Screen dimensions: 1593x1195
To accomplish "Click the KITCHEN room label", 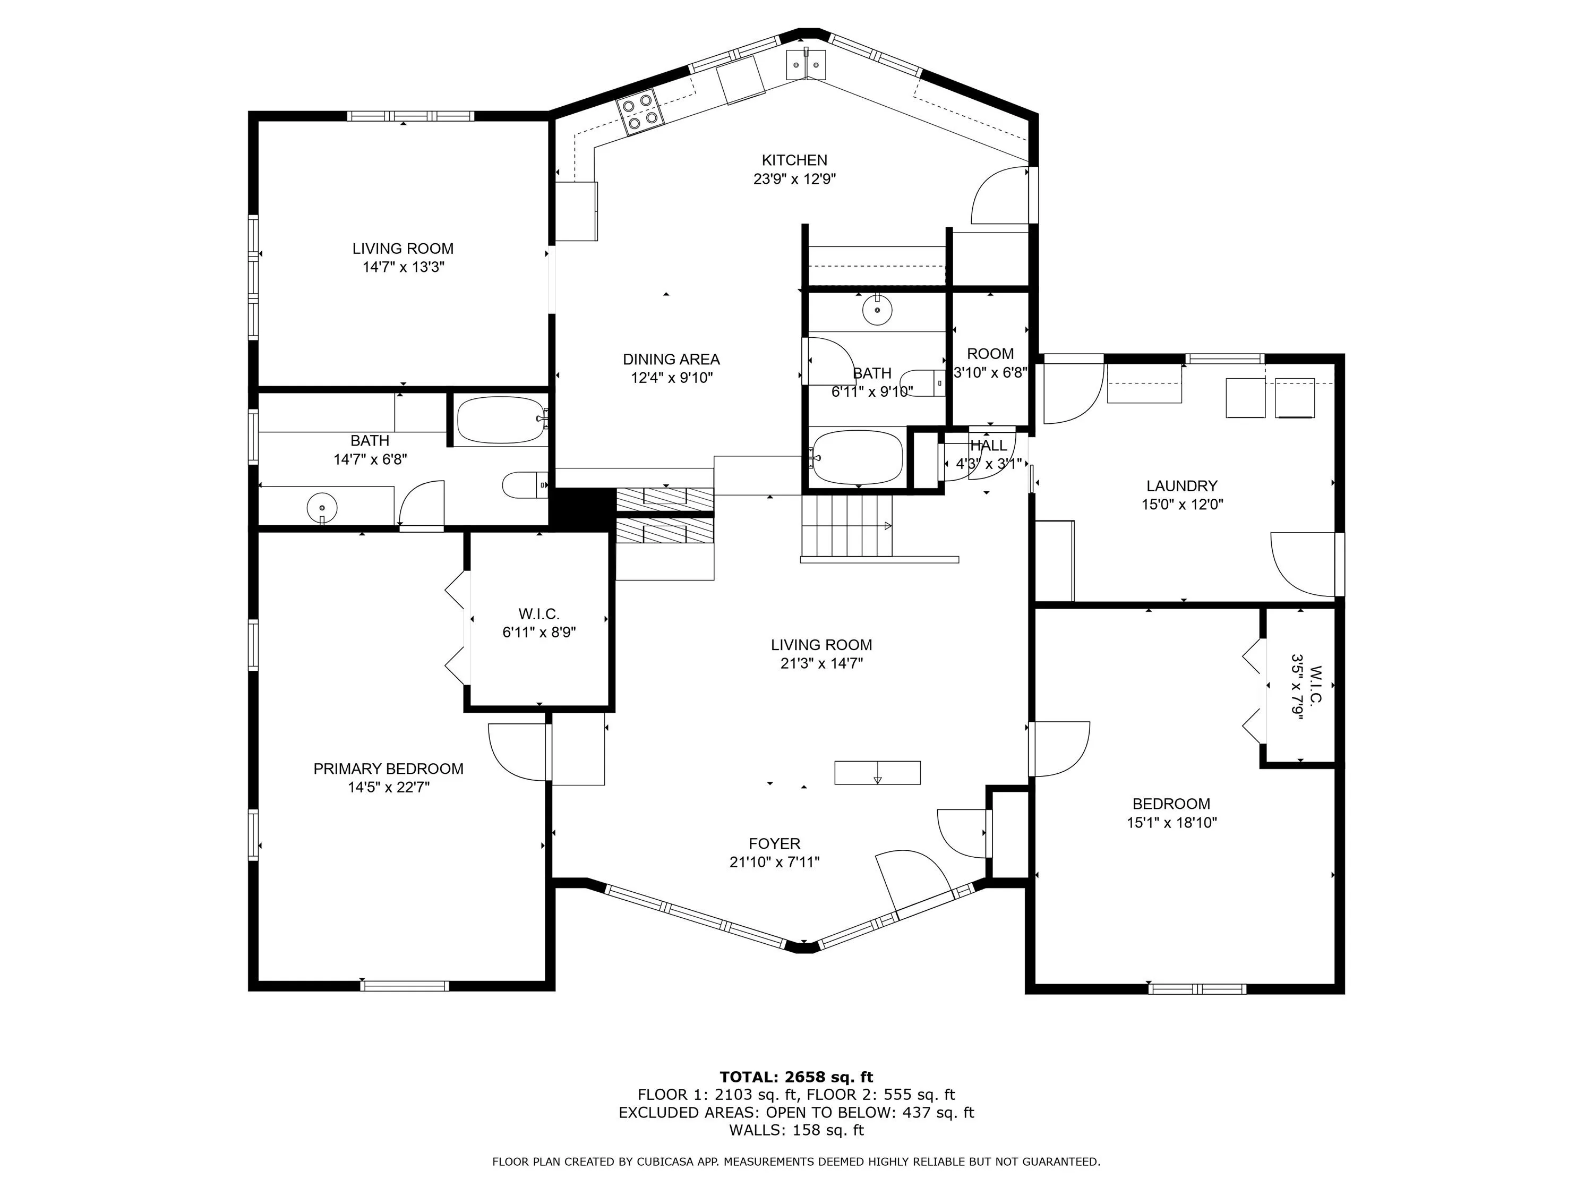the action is [x=794, y=160].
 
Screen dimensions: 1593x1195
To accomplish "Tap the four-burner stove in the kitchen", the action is [x=639, y=112].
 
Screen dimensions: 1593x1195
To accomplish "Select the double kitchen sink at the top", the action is [x=806, y=64].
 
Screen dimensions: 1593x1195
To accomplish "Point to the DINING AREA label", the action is [x=671, y=358].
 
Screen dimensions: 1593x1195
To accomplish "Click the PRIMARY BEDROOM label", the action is [x=388, y=769].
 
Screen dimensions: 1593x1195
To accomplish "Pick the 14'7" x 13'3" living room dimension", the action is [x=403, y=267].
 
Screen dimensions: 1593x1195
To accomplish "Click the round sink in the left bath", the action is [x=322, y=508].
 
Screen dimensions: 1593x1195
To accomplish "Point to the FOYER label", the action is [x=774, y=843].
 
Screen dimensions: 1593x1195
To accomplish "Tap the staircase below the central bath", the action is [x=847, y=526].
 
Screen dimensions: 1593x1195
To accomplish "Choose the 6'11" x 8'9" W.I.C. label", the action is [x=538, y=623].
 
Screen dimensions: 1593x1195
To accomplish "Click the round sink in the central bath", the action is [x=877, y=310].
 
